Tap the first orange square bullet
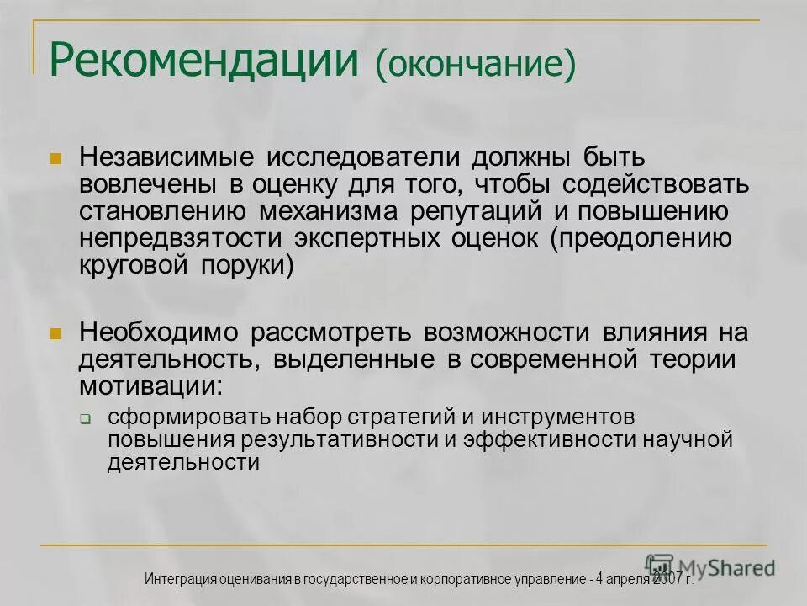pyautogui.click(x=56, y=157)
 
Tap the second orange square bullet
pyautogui.click(x=56, y=333)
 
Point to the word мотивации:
pyautogui.click(x=152, y=386)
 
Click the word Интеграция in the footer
pyautogui.click(x=180, y=579)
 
